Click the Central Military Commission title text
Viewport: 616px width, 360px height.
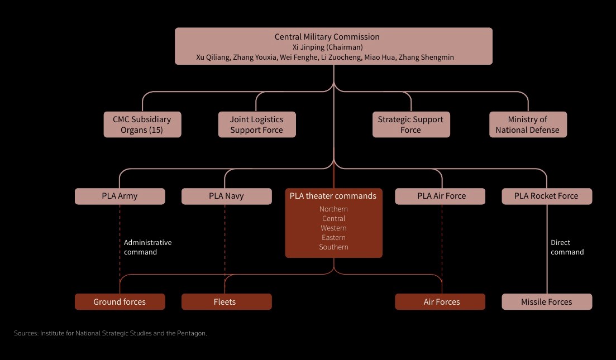327,37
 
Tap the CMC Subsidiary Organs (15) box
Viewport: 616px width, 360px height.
142,124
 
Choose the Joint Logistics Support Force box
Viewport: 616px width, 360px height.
256,124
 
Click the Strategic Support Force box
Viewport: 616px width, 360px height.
410,124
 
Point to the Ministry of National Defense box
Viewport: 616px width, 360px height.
527,124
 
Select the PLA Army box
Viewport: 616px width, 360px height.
120,196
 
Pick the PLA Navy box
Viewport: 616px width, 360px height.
226,196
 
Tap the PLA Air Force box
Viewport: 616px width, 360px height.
441,196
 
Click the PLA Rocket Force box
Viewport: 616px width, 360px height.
546,196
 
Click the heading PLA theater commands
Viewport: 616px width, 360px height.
333,196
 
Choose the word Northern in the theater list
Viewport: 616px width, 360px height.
333,209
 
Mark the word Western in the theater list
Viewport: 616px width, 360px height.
333,228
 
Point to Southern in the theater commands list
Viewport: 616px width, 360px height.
333,247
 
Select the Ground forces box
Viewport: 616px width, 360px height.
120,302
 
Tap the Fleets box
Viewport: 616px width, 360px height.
226,302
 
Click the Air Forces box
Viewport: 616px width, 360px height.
441,302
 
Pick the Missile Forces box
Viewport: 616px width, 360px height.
546,302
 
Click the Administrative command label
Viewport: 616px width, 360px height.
147,247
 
